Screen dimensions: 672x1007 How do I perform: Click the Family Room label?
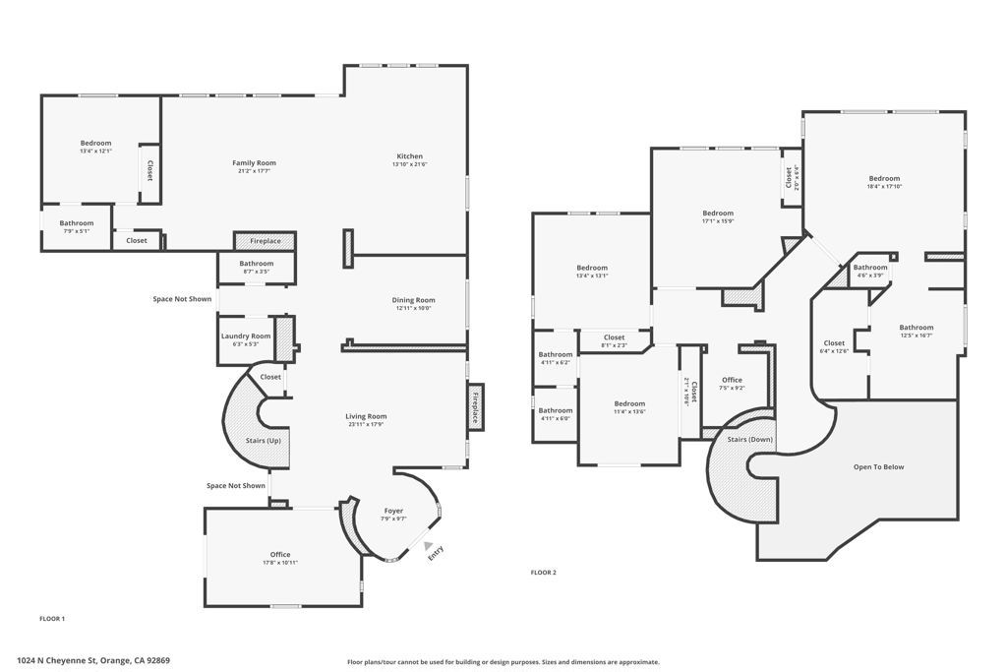[x=254, y=163]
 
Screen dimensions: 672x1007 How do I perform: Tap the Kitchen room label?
[x=409, y=156]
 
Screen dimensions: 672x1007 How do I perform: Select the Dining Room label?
[x=413, y=300]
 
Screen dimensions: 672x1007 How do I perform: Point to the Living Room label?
[x=367, y=416]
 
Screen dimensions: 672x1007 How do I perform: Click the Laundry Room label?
[x=245, y=336]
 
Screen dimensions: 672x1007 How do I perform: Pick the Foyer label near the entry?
[x=393, y=511]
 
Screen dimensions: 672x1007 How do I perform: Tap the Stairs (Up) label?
[x=263, y=440]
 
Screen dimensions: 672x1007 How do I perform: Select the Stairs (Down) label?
[x=750, y=439]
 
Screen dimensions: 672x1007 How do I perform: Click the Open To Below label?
[x=878, y=467]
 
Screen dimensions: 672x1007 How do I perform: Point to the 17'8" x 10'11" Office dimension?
[x=280, y=562]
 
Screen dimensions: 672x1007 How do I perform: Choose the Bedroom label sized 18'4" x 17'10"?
[x=883, y=178]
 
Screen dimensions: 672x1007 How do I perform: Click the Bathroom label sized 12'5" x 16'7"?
[x=916, y=328]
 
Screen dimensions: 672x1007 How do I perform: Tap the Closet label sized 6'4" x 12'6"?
[x=834, y=343]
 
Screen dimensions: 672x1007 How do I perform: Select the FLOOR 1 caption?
[x=52, y=619]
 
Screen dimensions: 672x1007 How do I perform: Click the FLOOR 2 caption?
[x=544, y=572]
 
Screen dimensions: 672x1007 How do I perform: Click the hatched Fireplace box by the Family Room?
[x=265, y=241]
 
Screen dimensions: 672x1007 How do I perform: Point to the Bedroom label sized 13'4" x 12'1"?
[x=95, y=143]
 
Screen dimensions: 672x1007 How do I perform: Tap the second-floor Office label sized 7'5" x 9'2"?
[x=732, y=380]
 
